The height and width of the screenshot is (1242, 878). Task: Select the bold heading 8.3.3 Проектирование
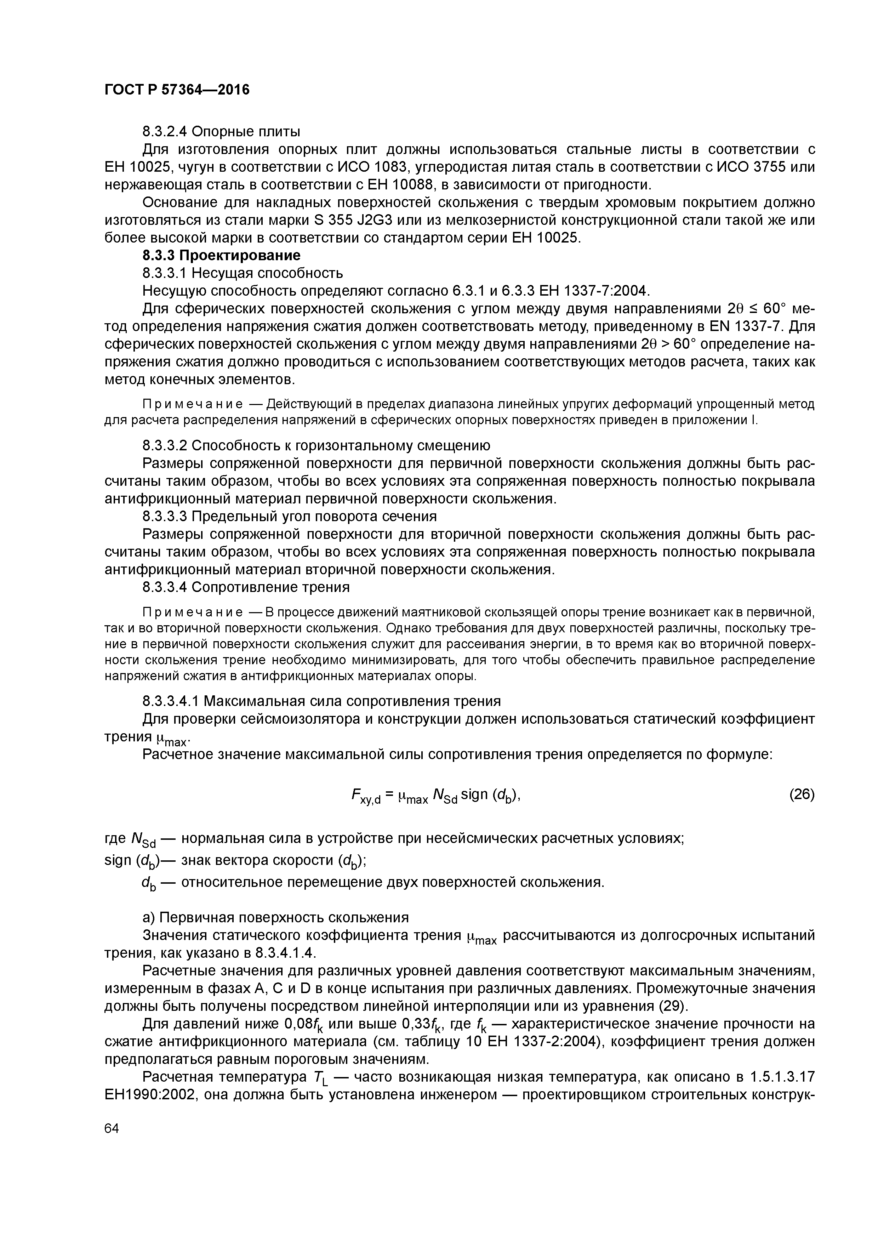(221, 255)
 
